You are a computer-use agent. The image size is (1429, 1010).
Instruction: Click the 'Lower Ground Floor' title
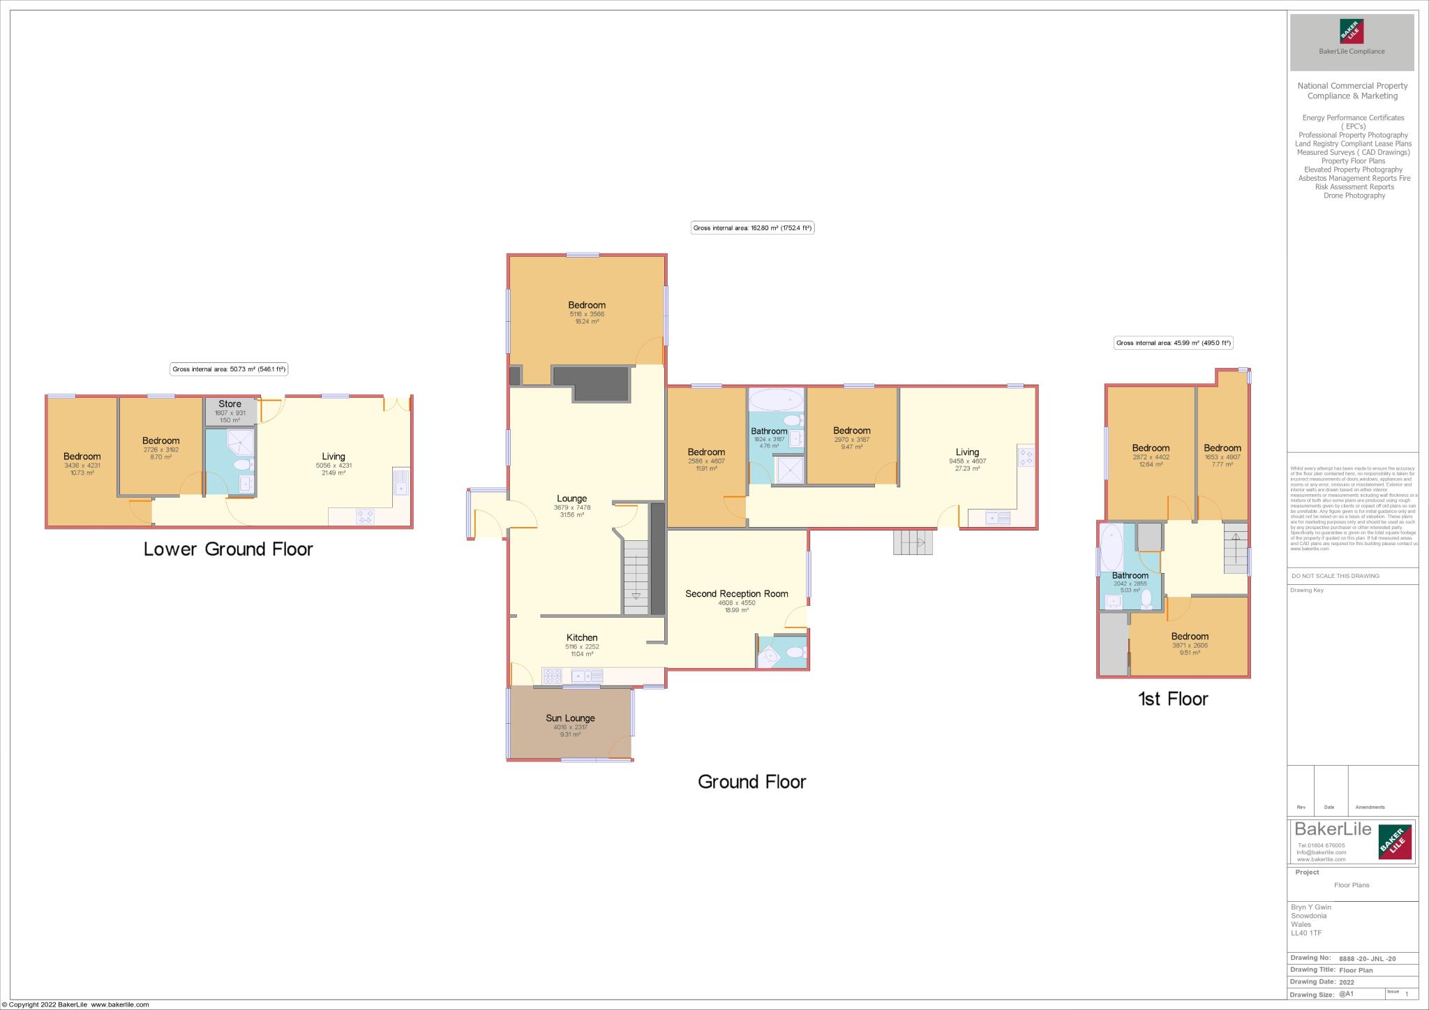pyautogui.click(x=228, y=549)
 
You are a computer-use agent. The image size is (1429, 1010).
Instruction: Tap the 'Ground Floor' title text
pyautogui.click(x=751, y=782)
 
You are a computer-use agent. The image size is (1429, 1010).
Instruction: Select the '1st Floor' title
pyautogui.click(x=1173, y=699)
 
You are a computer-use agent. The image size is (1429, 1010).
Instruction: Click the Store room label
pyautogui.click(x=230, y=404)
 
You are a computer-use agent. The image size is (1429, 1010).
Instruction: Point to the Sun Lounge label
pyautogui.click(x=570, y=718)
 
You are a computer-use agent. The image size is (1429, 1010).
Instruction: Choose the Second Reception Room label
pyautogui.click(x=736, y=594)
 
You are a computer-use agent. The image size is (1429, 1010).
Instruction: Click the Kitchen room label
pyautogui.click(x=582, y=637)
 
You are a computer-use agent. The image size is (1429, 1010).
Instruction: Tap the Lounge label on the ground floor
pyautogui.click(x=571, y=498)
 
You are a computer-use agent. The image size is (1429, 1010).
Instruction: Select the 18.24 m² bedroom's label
pyautogui.click(x=587, y=305)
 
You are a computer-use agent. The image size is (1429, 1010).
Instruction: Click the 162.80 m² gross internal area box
pyautogui.click(x=752, y=228)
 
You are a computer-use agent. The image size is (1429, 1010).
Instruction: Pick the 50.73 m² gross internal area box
pyautogui.click(x=230, y=369)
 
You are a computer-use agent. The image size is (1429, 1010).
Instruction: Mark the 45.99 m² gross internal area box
pyautogui.click(x=1174, y=343)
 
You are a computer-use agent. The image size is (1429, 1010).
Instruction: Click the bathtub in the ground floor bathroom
pyautogui.click(x=775, y=399)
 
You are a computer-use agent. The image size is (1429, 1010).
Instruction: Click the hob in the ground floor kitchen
pyautogui.click(x=553, y=676)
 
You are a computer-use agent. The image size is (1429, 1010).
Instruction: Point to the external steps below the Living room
pyautogui.click(x=913, y=542)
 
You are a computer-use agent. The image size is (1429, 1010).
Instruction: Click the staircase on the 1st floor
pyautogui.click(x=1235, y=548)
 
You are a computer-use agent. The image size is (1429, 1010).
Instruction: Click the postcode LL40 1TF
pyautogui.click(x=1306, y=933)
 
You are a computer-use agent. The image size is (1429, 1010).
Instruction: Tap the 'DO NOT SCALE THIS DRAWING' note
pyautogui.click(x=1335, y=576)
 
